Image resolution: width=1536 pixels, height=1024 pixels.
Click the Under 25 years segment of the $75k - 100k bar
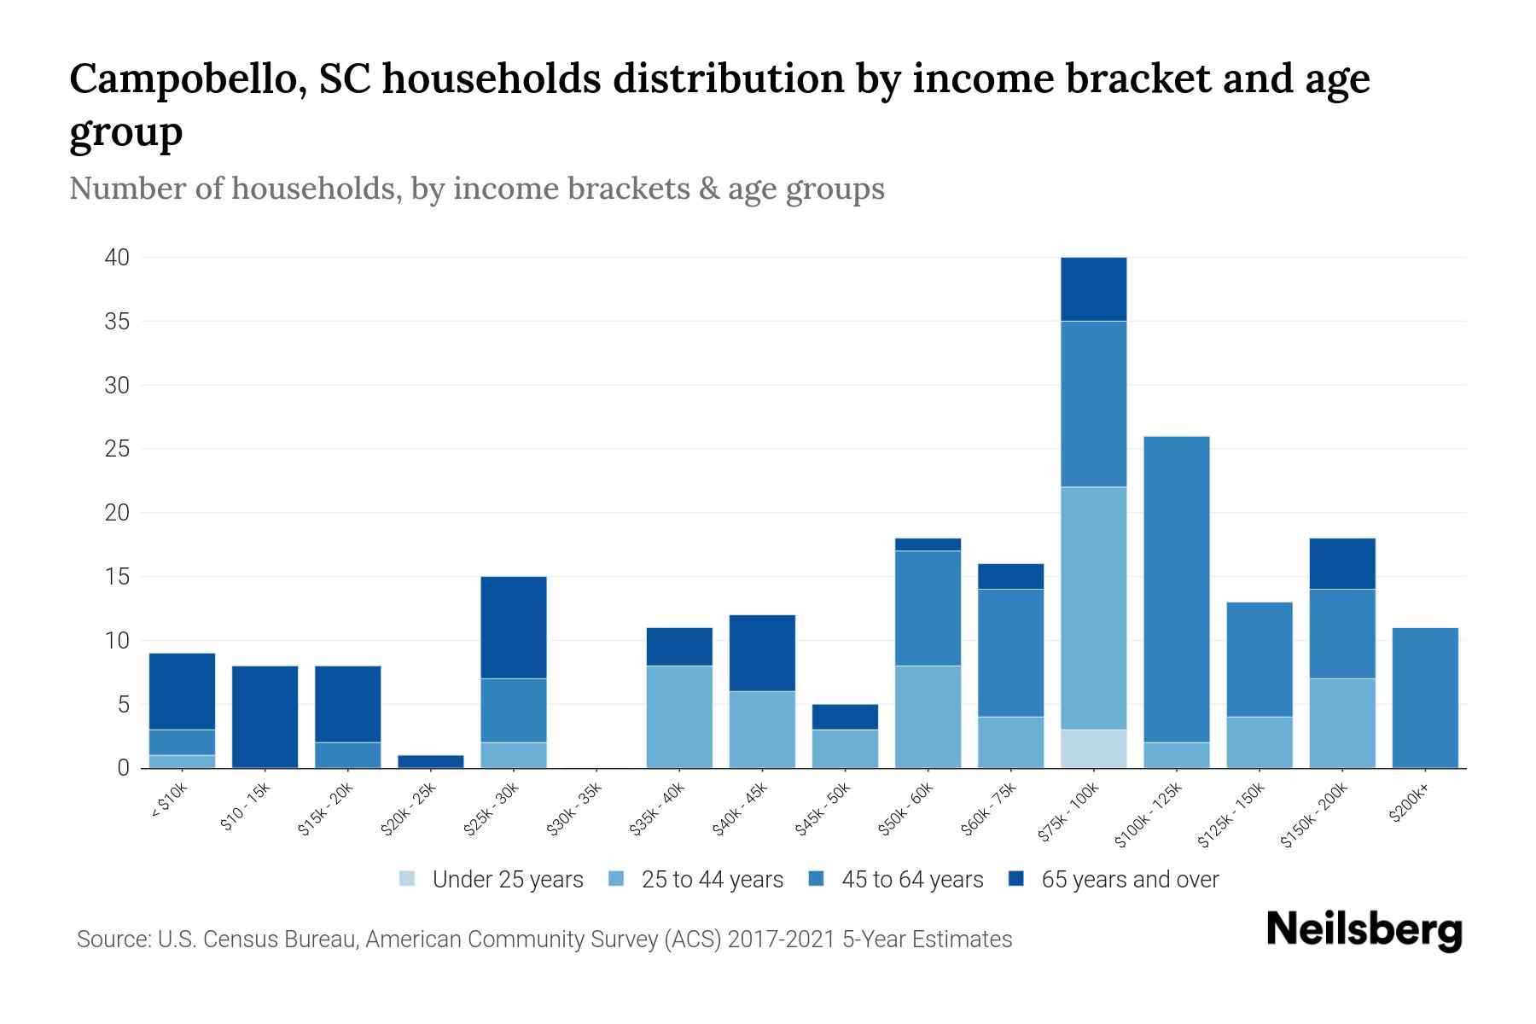click(x=1093, y=748)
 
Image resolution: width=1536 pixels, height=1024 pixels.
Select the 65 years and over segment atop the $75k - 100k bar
click(x=1093, y=289)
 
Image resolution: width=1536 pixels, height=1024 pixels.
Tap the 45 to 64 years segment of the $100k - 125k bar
click(x=1176, y=589)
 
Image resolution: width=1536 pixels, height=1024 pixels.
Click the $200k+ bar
click(x=1424, y=697)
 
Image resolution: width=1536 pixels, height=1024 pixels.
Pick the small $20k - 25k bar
click(x=430, y=761)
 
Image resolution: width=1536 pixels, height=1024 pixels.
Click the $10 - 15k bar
click(x=265, y=717)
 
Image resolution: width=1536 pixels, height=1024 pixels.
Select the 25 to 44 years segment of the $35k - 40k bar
click(x=679, y=717)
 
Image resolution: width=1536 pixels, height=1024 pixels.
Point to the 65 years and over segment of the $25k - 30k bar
click(x=513, y=627)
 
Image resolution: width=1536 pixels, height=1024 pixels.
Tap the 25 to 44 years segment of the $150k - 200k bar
click(x=1341, y=723)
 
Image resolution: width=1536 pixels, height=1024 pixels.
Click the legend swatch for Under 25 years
click(x=408, y=879)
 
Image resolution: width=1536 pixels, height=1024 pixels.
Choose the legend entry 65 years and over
click(x=1129, y=879)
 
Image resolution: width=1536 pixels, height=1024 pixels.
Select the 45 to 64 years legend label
click(x=911, y=879)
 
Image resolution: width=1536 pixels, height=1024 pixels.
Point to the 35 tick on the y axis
click(x=118, y=322)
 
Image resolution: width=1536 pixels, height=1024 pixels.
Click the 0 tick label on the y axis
click(x=124, y=768)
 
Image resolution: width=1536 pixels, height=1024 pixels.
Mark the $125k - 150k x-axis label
click(x=1231, y=816)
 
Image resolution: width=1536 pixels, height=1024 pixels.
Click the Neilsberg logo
click(x=1364, y=930)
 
